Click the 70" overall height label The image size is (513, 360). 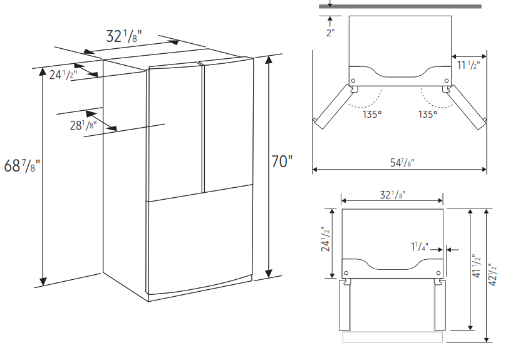282,161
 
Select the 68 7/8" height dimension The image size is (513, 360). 22,165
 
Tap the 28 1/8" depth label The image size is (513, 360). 83,125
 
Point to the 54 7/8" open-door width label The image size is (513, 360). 402,162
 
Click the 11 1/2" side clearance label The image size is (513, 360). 469,64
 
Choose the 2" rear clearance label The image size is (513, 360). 331,33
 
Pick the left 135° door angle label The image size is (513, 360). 372,114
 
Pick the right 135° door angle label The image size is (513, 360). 428,114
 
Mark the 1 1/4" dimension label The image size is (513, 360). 420,246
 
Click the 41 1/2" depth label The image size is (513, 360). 477,266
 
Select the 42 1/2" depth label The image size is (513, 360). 492,275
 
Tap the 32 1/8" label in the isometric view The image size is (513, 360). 123,36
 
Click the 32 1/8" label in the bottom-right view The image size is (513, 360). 393,195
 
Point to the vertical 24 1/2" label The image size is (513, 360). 326,239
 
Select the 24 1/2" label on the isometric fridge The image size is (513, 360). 63,75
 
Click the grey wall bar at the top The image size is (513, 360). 400,6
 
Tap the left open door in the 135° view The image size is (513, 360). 333,106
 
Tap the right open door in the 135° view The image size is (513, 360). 466,107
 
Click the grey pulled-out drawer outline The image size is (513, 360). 393,337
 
